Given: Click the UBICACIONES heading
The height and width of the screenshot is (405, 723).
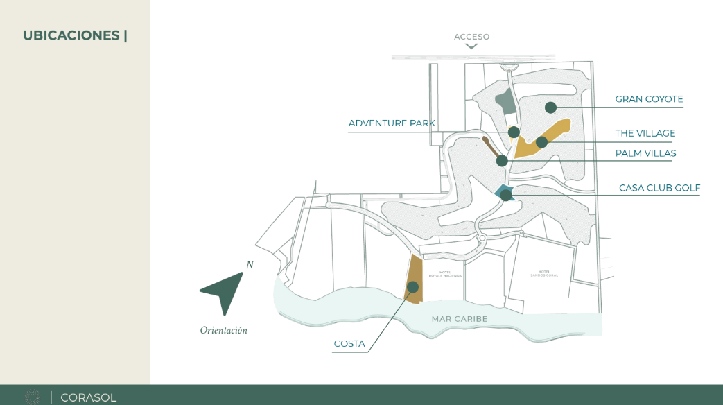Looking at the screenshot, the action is [75, 35].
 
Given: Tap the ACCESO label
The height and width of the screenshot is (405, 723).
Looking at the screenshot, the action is [471, 37].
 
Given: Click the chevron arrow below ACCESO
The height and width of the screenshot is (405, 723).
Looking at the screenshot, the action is [471, 46].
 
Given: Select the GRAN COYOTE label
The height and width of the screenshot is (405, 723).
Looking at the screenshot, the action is [649, 99].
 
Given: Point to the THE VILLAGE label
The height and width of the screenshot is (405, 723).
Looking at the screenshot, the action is [645, 133].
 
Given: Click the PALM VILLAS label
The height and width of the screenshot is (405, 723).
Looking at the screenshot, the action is [645, 153].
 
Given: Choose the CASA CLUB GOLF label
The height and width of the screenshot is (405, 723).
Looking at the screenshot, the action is [659, 188].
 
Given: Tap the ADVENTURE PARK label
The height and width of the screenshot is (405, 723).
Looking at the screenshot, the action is [392, 123].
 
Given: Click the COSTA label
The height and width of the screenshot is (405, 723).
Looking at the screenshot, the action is [349, 344].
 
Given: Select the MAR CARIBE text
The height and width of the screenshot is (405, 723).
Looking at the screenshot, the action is [460, 319].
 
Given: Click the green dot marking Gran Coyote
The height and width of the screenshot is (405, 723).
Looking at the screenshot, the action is [550, 107].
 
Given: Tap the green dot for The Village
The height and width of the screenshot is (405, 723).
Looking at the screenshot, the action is [541, 142].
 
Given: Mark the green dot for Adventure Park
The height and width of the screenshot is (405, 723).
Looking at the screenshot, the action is [514, 132].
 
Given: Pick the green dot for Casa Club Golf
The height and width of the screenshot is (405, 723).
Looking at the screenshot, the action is [506, 196].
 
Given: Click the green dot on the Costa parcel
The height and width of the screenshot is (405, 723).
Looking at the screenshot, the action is [413, 287].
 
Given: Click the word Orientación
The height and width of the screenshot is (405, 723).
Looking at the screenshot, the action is [223, 331].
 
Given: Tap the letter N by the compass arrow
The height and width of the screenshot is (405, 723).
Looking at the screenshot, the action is [250, 265].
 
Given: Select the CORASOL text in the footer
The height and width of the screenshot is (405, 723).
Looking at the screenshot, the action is [88, 397].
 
